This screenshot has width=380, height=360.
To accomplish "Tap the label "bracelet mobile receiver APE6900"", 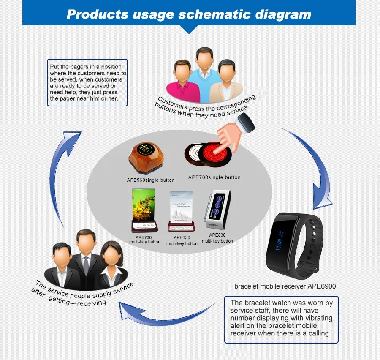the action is coord(285,286).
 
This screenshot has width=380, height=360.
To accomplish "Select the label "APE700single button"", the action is coord(214,177).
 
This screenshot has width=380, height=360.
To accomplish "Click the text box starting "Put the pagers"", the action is coord(87,82).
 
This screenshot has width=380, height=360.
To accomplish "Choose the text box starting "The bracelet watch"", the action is coord(282,318).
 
